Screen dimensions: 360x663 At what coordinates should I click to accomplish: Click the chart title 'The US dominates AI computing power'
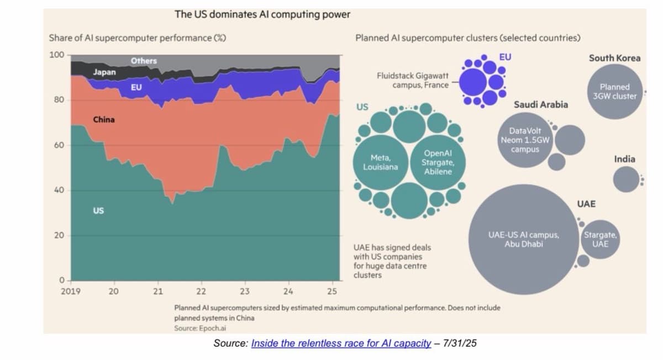click(262, 15)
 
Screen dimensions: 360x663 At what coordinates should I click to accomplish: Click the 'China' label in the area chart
click(104, 119)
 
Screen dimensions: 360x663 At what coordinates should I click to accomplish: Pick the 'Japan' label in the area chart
click(104, 72)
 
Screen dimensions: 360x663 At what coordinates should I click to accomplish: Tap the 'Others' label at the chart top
click(144, 61)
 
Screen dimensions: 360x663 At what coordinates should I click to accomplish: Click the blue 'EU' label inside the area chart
click(136, 87)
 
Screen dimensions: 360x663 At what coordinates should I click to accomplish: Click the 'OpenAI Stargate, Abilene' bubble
click(438, 162)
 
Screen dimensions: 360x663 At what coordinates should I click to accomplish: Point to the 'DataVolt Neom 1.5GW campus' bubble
click(525, 140)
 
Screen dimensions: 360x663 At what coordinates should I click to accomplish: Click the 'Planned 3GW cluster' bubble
click(614, 91)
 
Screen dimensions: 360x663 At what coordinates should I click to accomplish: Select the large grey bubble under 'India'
click(625, 179)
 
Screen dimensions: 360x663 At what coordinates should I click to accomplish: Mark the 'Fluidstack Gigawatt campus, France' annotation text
click(412, 80)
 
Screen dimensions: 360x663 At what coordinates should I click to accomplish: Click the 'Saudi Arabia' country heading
click(540, 104)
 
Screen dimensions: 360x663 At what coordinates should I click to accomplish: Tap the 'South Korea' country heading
click(614, 58)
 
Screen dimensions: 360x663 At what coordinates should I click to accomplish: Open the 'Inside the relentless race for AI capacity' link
click(340, 343)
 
